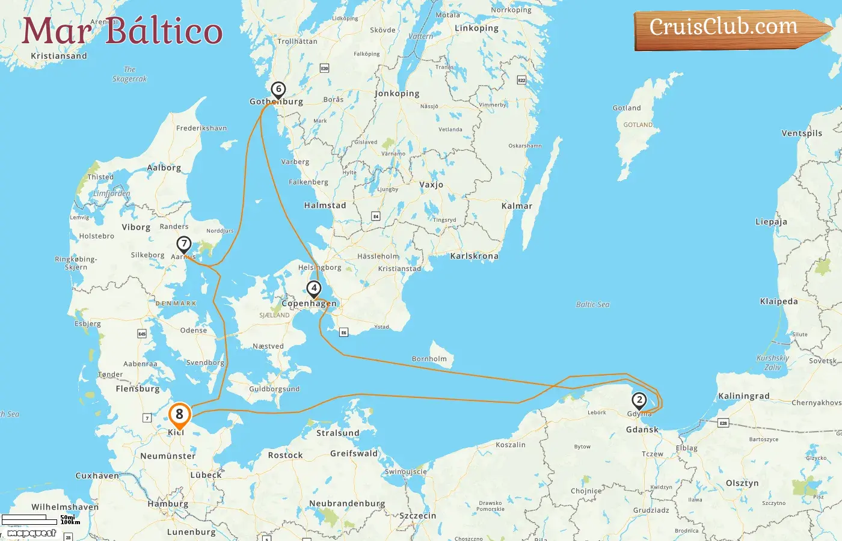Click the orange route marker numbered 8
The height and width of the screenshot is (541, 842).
tap(179, 415)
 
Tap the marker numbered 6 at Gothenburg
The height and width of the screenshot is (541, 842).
tap(278, 90)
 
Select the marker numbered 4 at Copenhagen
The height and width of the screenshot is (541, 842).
tap(313, 289)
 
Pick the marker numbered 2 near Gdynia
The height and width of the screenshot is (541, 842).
tap(639, 400)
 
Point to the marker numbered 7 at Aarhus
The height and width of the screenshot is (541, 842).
tap(184, 245)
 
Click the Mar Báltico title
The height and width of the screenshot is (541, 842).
tap(122, 31)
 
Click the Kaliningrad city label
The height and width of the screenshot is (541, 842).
tap(743, 396)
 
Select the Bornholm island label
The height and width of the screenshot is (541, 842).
tap(429, 359)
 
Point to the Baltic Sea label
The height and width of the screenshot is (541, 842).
tap(592, 305)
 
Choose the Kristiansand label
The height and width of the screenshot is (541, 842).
tap(59, 56)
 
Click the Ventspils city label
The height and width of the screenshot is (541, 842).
tap(802, 133)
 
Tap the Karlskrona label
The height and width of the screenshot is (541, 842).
tap(474, 256)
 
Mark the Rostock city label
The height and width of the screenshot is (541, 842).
tap(285, 455)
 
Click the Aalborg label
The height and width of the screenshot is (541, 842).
tap(164, 168)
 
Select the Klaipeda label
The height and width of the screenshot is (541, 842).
tap(779, 302)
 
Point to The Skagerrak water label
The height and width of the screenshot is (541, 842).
tap(129, 74)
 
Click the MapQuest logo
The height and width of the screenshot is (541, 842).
tap(31, 533)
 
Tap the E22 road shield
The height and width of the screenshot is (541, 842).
tap(521, 80)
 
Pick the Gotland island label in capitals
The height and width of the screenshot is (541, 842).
tap(638, 125)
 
